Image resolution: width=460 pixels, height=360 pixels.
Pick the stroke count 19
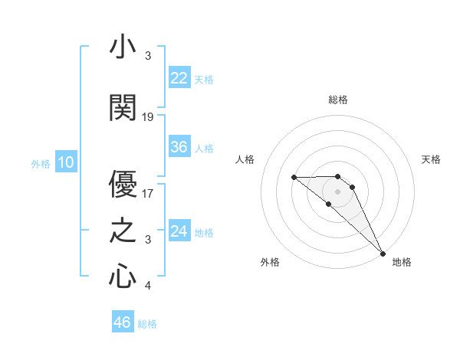coord(148,117)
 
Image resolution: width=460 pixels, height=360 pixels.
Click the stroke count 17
coord(148,193)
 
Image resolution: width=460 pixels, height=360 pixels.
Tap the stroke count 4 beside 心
coord(148,286)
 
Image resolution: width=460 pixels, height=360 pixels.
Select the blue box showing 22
coord(179,77)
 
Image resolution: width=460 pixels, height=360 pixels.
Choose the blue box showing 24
coord(179,231)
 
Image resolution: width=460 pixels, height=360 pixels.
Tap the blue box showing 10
coord(65,162)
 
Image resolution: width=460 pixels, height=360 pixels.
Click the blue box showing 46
coord(123,322)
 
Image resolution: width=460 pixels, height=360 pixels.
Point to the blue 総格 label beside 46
coord(147,323)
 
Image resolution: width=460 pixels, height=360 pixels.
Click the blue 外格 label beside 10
coord(40,163)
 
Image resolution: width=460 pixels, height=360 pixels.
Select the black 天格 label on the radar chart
coord(431,159)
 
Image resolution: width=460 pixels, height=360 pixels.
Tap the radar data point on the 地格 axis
coord(383,252)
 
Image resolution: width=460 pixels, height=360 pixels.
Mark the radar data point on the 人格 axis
coord(294,178)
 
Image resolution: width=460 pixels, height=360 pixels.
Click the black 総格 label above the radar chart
coord(337,100)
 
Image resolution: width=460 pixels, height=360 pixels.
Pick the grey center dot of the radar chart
coord(337,191)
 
